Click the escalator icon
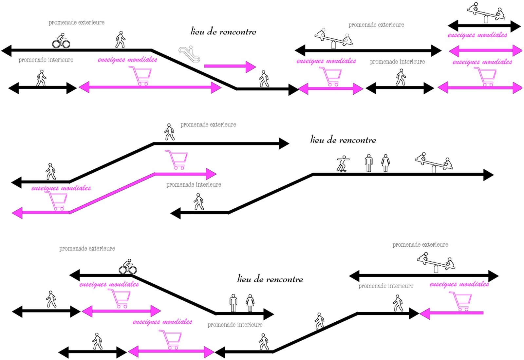189,54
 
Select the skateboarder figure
343,163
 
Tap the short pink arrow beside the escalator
230,66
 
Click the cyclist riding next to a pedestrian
61,41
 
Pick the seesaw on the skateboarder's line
434,162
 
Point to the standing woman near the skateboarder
385,163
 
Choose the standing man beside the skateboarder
369,163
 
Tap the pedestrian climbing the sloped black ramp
319,321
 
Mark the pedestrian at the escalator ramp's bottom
264,79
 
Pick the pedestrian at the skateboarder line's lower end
198,201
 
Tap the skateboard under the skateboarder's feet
343,171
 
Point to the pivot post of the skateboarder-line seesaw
434,169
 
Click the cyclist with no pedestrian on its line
128,267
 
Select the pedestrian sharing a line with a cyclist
120,40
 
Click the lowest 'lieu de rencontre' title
270,279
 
